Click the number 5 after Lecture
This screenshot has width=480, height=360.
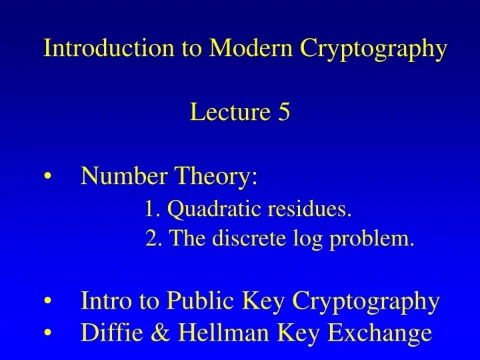tap(284, 113)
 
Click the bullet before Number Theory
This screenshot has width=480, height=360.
tap(51, 179)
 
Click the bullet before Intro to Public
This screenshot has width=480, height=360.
tap(51, 303)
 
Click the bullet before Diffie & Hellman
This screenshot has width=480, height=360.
tap(51, 333)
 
